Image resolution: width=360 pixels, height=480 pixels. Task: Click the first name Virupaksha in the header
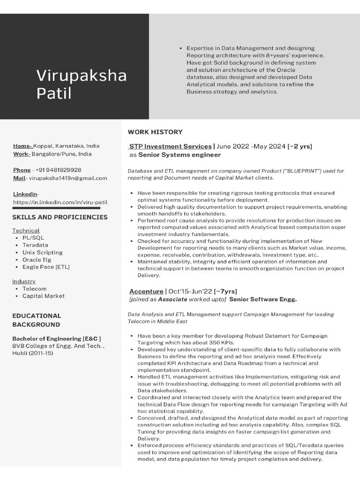click(x=82, y=75)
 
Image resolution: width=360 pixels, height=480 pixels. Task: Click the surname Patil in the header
click(x=54, y=93)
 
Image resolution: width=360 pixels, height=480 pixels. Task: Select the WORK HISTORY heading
click(x=155, y=132)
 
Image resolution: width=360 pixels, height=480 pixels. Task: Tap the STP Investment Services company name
click(x=170, y=146)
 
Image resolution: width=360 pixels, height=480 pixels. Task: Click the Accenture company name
click(x=146, y=291)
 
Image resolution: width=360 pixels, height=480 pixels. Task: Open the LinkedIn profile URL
click(x=60, y=202)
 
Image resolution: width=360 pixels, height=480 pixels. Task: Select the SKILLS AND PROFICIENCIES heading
click(x=60, y=217)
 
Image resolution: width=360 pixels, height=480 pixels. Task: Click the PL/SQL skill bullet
click(x=33, y=238)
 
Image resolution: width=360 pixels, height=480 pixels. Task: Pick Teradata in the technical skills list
click(x=35, y=245)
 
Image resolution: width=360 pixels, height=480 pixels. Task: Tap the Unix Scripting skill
click(x=42, y=252)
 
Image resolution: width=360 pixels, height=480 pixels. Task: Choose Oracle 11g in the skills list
click(x=37, y=259)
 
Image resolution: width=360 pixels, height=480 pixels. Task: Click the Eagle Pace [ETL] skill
click(x=45, y=267)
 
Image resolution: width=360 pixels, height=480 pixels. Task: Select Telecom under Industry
click(x=34, y=289)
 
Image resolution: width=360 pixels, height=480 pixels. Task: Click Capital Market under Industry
click(x=43, y=296)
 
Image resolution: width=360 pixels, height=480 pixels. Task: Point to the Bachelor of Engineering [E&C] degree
click(x=56, y=338)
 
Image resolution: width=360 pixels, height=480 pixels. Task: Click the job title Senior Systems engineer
click(x=179, y=155)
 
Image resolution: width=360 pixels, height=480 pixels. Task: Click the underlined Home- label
click(x=22, y=146)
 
